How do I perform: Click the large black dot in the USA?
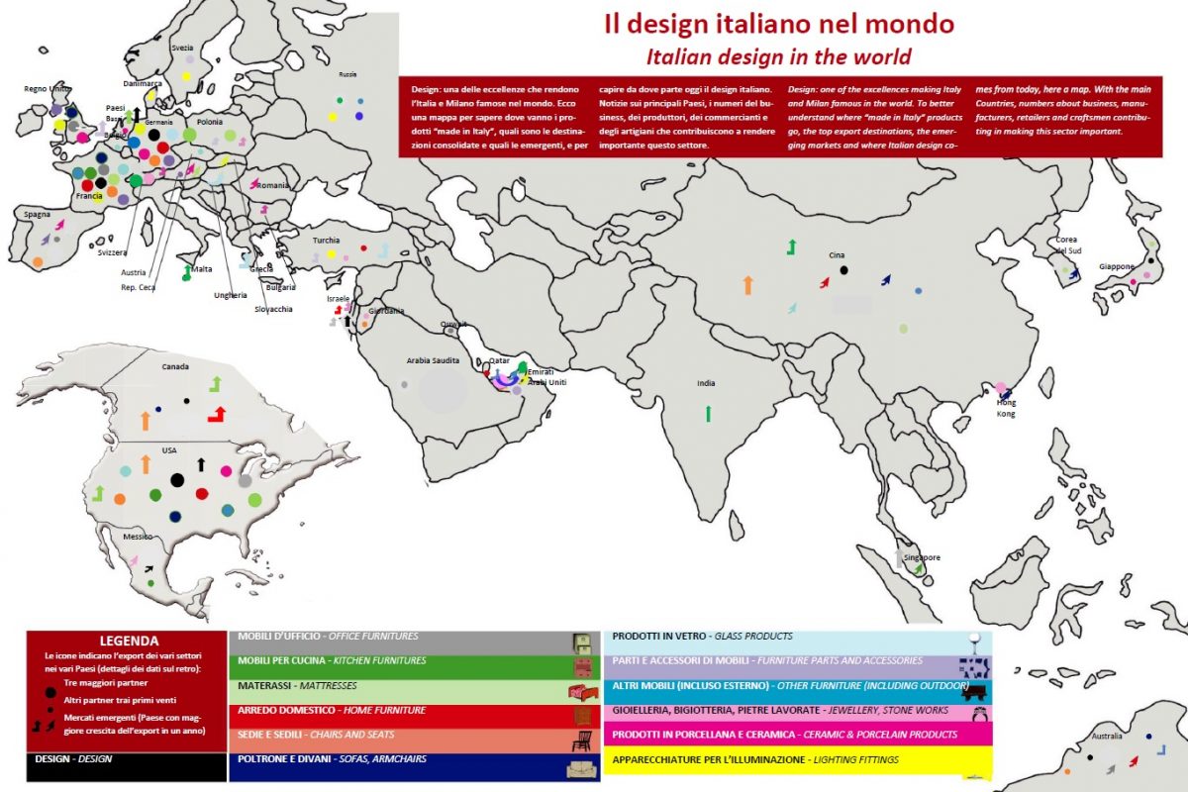coord(176,480)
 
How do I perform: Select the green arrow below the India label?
coord(708,413)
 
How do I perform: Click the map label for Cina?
coord(837,255)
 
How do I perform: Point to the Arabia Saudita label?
coord(433,361)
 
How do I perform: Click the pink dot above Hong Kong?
coord(1000,387)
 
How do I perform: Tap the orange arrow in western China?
coord(748,286)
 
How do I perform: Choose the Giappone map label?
coord(1117,266)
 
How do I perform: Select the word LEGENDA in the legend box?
coord(129,641)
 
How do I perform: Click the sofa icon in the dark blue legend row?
coord(581,769)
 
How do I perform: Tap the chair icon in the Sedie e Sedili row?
coord(581,741)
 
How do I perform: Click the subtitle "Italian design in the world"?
coord(778,55)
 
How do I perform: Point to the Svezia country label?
coord(182,48)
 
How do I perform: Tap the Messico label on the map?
coord(138,536)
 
